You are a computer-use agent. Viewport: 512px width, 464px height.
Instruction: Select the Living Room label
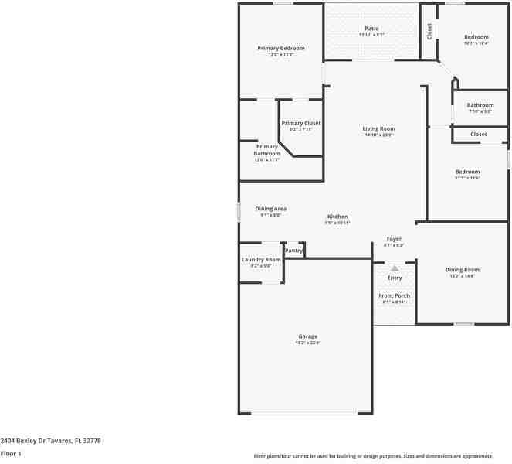[x=379, y=128]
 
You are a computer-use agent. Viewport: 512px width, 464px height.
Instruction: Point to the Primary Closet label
[x=301, y=123]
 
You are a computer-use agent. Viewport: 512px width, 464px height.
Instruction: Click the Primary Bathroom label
[x=267, y=150]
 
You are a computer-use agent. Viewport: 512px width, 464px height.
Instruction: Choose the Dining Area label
[x=271, y=209]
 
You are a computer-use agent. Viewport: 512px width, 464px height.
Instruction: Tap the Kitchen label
[x=337, y=217]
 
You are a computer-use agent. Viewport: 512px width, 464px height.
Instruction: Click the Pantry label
[x=293, y=251]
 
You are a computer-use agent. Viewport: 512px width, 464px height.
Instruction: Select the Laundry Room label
[x=261, y=260]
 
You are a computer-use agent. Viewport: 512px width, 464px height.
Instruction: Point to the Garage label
[x=308, y=336]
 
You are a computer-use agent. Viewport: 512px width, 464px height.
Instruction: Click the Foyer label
[x=394, y=239]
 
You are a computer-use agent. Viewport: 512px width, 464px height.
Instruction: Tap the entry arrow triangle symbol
[x=395, y=268]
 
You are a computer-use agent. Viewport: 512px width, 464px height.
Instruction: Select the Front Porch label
[x=394, y=296]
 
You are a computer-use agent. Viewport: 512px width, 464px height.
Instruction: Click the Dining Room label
[x=463, y=270]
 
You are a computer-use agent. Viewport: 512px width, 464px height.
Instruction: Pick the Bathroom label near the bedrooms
[x=480, y=105]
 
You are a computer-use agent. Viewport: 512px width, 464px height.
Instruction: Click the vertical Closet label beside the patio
[x=429, y=31]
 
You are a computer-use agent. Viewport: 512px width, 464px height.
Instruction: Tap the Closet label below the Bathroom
[x=479, y=135]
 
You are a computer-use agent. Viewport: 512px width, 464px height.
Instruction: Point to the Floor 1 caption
[x=11, y=454]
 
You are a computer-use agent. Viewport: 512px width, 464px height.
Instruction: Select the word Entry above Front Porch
[x=395, y=278]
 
